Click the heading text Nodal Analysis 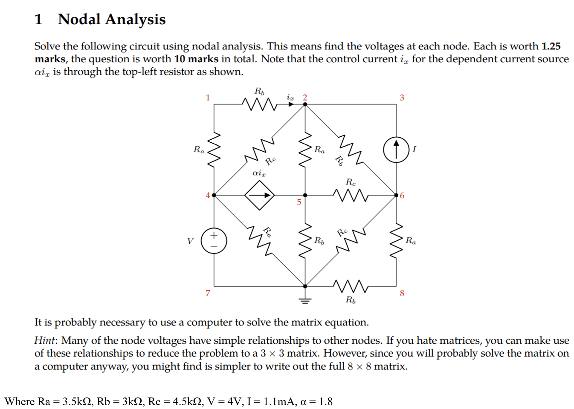click(x=111, y=20)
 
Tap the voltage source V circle click(x=214, y=241)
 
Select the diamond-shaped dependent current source click(x=259, y=195)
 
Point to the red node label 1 click(x=208, y=98)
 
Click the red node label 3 click(x=402, y=98)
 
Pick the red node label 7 click(x=208, y=293)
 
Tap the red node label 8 click(x=402, y=293)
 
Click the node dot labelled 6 click(x=396, y=195)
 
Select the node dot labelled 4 click(x=214, y=195)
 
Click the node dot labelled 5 click(x=305, y=195)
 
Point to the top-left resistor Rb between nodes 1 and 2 click(x=259, y=104)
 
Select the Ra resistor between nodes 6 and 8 click(x=396, y=241)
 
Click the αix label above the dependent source click(x=259, y=173)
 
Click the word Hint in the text click(x=45, y=340)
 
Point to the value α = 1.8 click(x=316, y=401)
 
